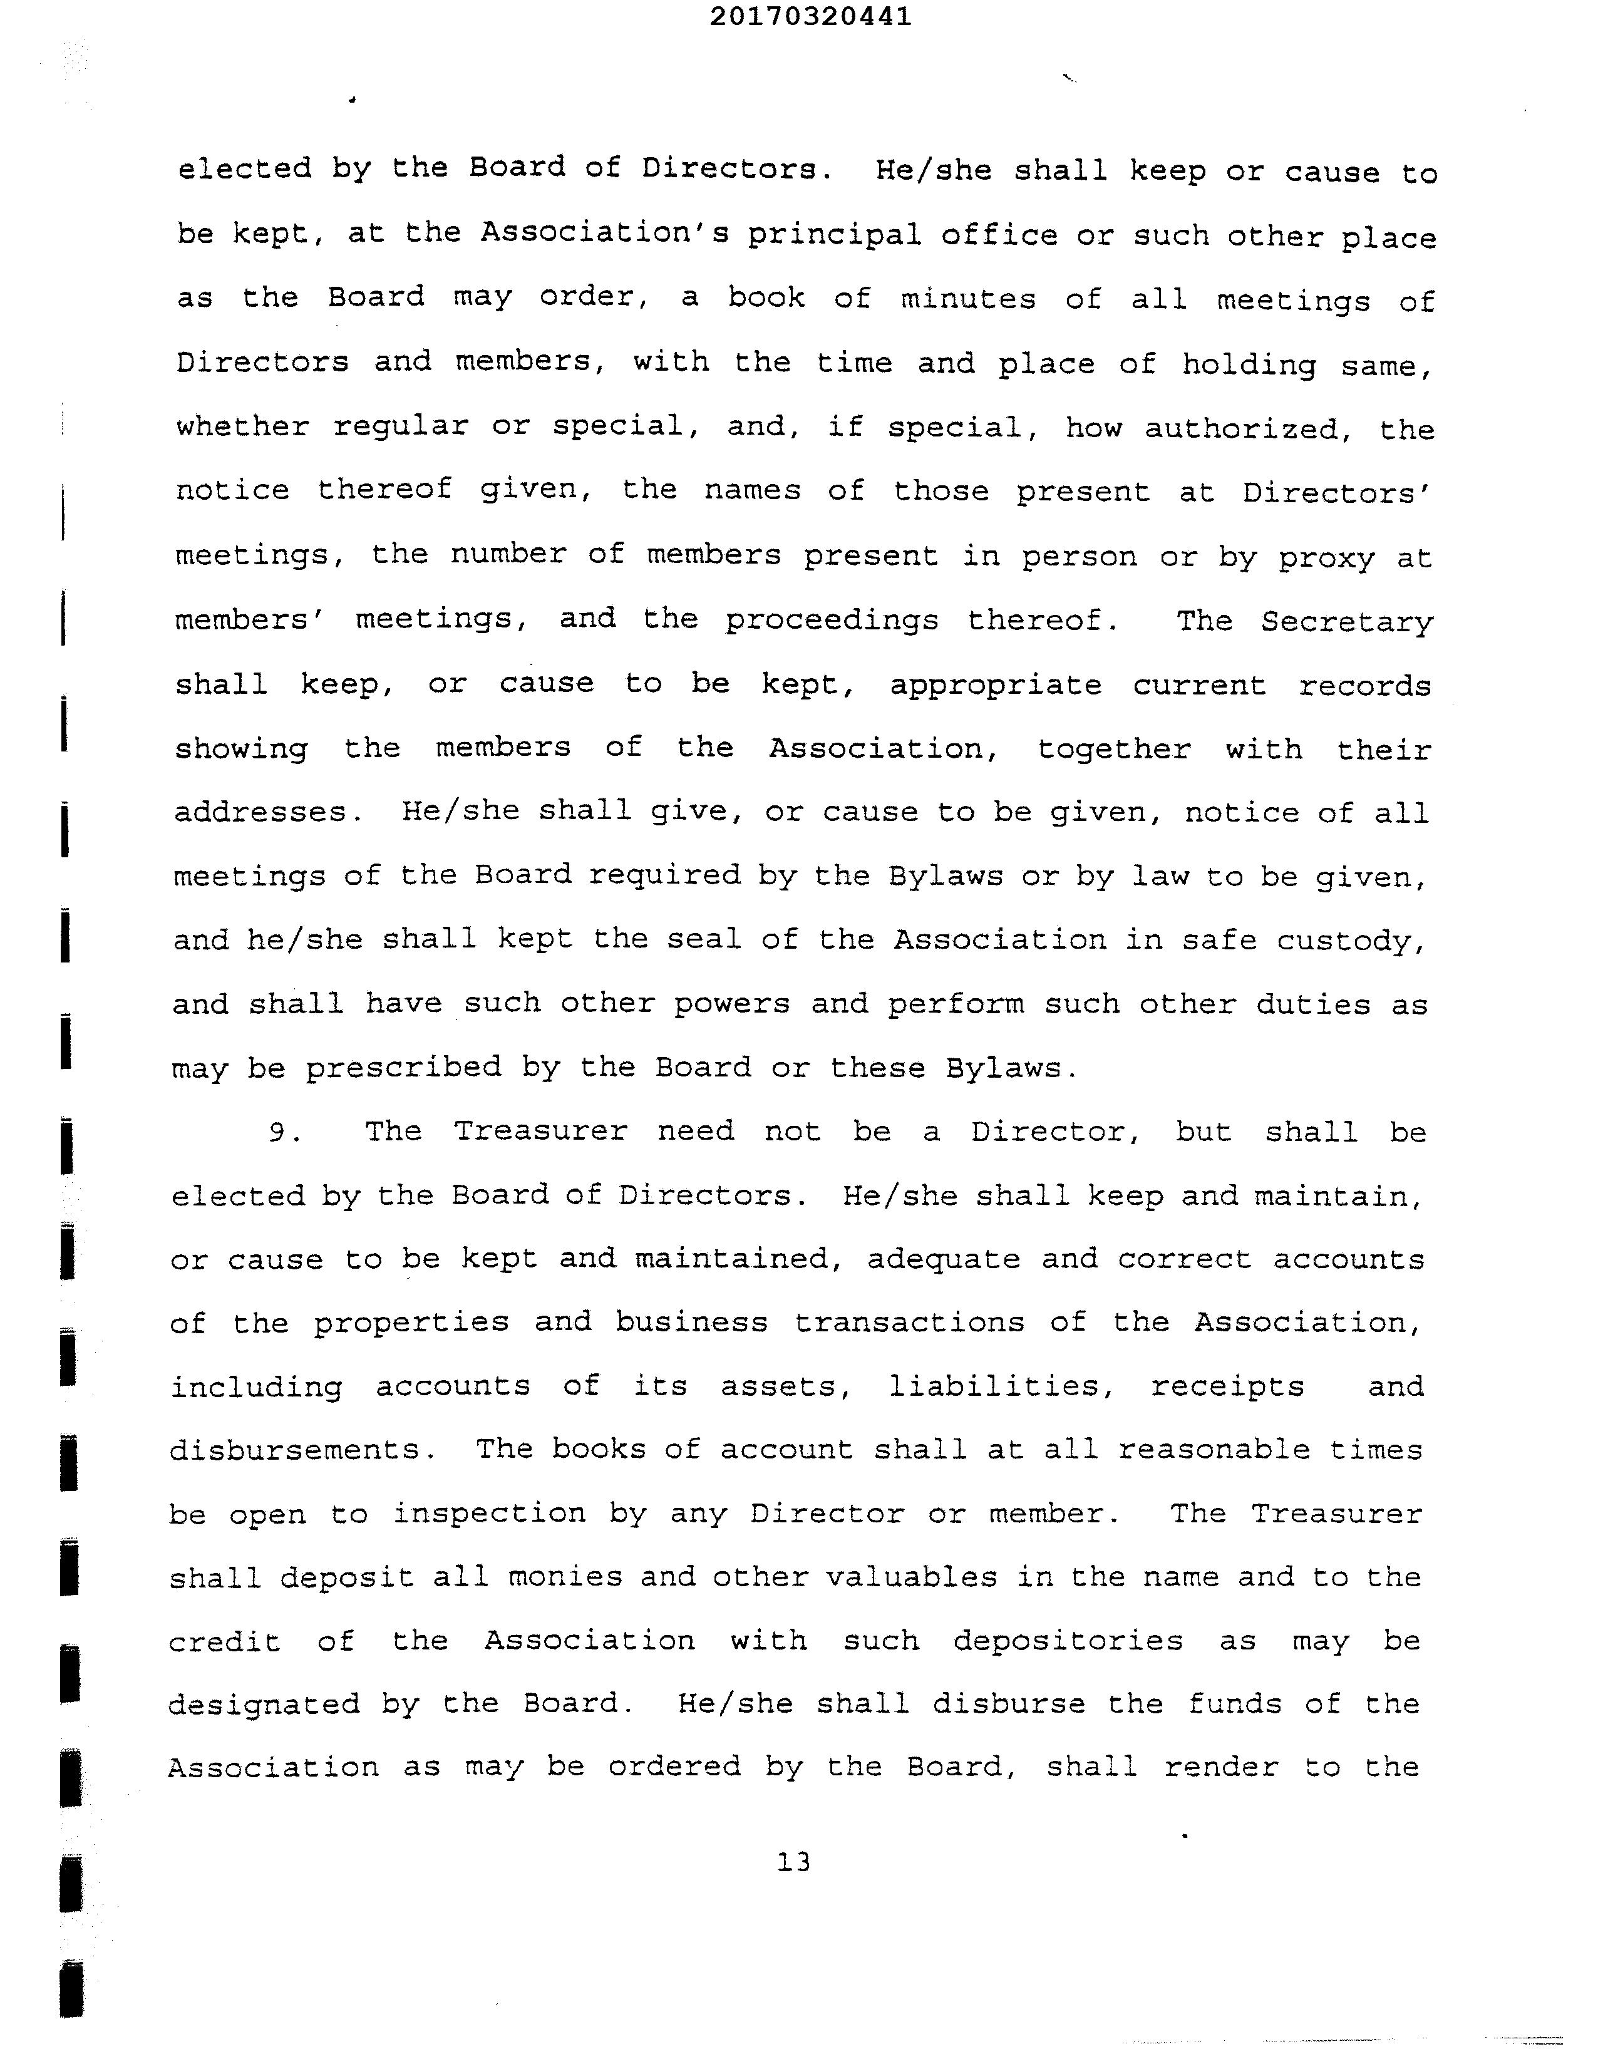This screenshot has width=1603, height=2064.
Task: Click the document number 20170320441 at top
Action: [x=810, y=17]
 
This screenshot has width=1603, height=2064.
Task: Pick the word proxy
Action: [x=1326, y=557]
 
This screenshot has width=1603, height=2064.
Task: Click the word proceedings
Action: [x=832, y=621]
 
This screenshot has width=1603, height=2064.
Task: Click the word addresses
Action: [x=261, y=812]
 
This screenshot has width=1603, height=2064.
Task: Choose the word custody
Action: [x=1351, y=941]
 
